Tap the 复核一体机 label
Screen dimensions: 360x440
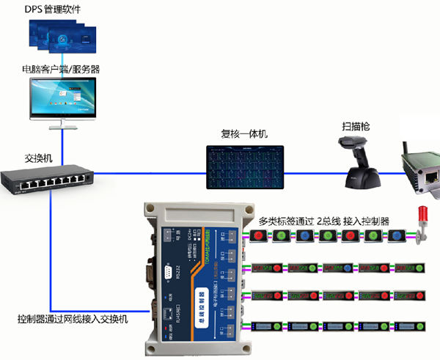244,134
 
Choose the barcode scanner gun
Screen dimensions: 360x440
362,164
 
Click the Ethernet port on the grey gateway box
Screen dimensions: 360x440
426,175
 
